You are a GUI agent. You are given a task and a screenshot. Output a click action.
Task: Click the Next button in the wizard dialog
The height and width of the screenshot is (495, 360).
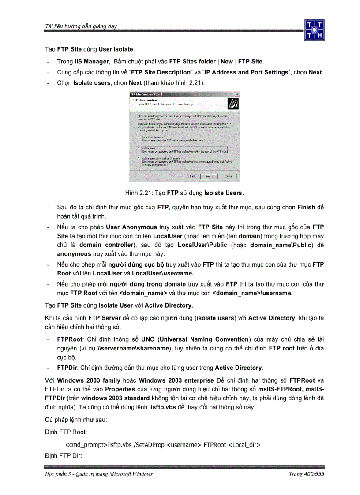tap(208, 176)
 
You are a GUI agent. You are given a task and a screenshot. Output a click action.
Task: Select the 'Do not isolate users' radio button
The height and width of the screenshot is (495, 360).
tap(139, 138)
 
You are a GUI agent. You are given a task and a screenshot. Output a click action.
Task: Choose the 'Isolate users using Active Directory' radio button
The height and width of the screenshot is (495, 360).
tap(139, 158)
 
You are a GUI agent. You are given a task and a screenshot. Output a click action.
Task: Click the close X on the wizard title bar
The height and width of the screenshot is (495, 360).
tap(237, 94)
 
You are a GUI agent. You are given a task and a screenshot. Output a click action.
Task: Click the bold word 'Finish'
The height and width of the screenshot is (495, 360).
tap(306, 207)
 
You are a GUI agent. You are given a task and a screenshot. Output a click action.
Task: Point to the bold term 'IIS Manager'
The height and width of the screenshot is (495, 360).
tap(91, 62)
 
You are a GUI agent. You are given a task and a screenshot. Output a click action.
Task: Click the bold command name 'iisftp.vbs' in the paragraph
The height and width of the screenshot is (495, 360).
tap(164, 407)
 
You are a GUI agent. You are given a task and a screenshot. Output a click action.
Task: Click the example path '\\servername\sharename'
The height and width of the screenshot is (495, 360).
tap(132, 348)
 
